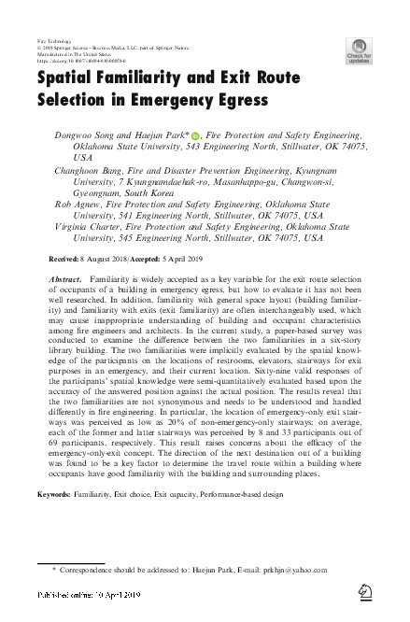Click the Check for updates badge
click(359, 49)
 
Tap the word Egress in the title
click(239, 98)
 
